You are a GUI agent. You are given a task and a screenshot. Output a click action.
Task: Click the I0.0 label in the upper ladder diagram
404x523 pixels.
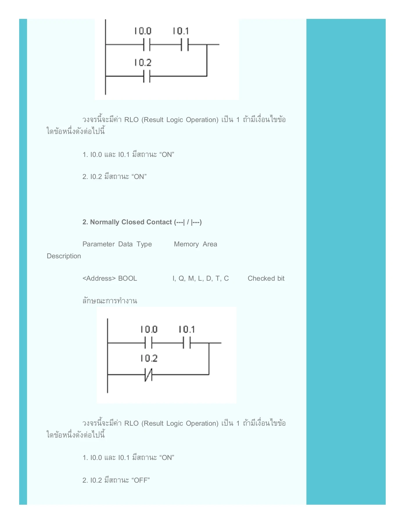143,31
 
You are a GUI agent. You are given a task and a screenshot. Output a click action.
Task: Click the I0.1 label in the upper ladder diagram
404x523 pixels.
181,31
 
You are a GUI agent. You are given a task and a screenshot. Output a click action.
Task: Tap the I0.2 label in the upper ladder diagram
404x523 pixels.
143,62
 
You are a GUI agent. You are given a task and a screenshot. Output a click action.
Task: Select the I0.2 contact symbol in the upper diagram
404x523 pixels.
147,76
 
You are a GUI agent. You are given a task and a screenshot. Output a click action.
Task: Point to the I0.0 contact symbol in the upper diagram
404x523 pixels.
147,45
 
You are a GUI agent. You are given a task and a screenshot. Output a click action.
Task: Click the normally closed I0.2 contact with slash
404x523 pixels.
148,375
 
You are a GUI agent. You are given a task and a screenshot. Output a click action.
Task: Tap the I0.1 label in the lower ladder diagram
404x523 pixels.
187,329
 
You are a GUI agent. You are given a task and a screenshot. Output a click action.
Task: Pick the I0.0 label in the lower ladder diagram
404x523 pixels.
149,329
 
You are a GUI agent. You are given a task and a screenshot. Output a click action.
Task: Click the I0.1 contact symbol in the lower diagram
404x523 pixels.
187,343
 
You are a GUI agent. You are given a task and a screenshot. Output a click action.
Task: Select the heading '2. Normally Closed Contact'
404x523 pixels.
142,222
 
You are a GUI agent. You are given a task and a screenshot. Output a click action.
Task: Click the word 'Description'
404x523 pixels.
64,256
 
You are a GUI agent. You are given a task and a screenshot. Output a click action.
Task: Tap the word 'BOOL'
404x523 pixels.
128,278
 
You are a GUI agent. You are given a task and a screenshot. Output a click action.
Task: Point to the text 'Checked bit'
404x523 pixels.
266,278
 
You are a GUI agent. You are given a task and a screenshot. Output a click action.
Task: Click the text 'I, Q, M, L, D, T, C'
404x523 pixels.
201,278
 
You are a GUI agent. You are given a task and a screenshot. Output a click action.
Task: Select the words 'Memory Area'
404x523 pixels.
195,244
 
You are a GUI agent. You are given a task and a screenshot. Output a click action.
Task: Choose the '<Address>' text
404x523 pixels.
99,278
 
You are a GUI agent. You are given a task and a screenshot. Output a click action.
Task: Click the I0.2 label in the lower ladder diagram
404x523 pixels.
149,358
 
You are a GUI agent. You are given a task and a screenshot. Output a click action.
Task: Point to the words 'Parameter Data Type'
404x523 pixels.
117,244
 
